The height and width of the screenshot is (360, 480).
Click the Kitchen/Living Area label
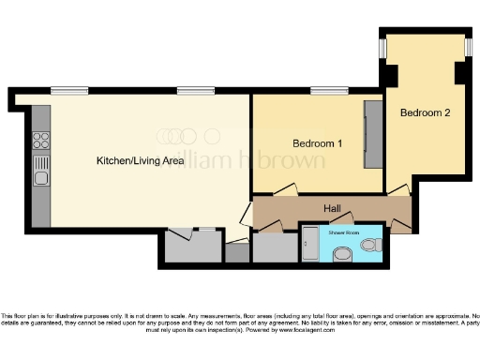tap(140, 160)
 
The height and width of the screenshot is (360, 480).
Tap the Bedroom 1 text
tap(317, 143)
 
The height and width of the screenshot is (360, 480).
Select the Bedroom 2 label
tap(425, 112)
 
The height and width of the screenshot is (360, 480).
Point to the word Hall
tap(332, 207)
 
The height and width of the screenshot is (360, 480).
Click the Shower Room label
tap(343, 231)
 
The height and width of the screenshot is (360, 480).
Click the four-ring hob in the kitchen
tap(41, 141)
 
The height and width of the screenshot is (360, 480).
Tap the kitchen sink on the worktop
tap(41, 174)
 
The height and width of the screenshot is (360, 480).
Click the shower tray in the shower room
tap(309, 243)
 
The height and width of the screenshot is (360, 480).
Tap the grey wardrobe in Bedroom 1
tap(373, 131)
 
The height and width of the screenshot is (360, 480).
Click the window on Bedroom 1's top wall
tap(323, 91)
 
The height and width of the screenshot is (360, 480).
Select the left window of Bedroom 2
tap(382, 47)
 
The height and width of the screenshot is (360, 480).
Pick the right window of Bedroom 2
tap(468, 47)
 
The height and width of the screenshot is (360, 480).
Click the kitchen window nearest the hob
tap(64, 91)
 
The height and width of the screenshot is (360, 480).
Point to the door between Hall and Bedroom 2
tap(399, 189)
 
